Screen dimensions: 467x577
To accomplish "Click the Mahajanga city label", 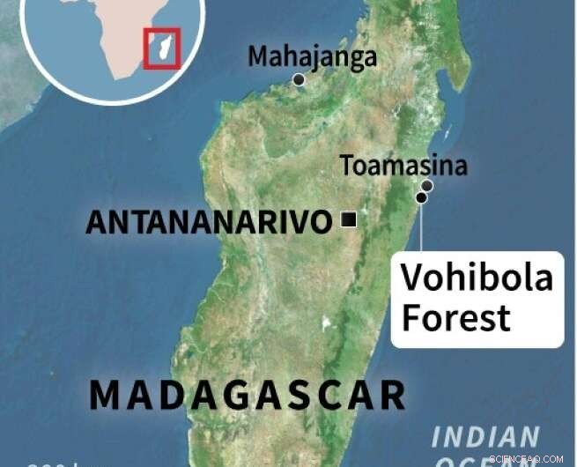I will click(312, 57).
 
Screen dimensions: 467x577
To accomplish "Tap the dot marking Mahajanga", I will click(299, 79).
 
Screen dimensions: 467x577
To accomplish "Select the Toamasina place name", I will click(403, 165).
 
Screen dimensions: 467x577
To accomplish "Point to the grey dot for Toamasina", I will click(427, 185).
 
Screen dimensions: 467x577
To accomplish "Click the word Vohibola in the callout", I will click(477, 278).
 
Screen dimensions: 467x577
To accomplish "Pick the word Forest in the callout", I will click(455, 318).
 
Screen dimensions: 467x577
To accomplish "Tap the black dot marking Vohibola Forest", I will click(422, 197).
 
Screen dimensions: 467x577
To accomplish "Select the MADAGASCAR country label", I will click(248, 396).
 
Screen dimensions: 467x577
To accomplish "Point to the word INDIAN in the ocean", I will click(485, 436).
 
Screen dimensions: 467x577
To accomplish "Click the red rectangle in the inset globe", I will click(161, 48).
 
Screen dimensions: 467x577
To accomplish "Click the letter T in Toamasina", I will click(348, 165).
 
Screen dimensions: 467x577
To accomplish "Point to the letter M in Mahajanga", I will click(257, 57).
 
